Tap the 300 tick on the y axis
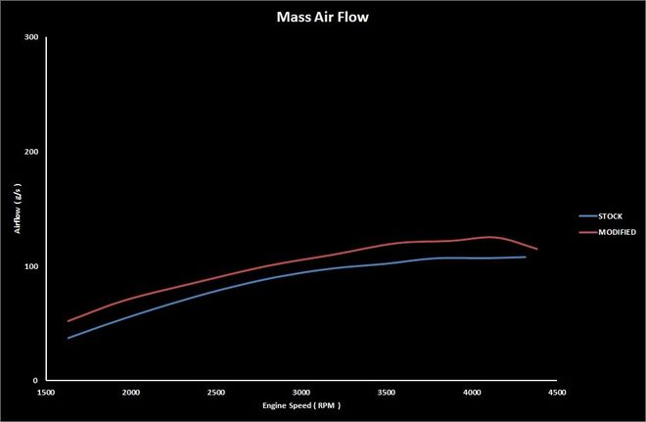(x=31, y=38)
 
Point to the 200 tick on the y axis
(x=31, y=152)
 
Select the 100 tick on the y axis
(x=31, y=266)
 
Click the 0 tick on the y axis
(x=36, y=380)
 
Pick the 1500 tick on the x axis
(x=45, y=390)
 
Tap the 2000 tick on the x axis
(x=130, y=390)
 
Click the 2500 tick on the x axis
(x=215, y=390)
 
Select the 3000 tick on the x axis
(x=300, y=390)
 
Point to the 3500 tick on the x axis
(x=386, y=390)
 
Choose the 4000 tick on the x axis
(x=471, y=390)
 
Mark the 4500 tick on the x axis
(x=556, y=390)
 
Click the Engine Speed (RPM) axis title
(x=300, y=404)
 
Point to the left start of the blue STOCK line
(x=68, y=338)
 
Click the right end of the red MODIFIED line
(x=537, y=250)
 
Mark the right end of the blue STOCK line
(x=526, y=258)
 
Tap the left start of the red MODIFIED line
(x=68, y=320)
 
